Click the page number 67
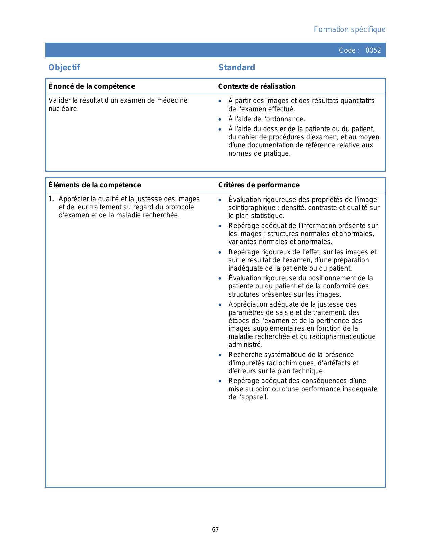coord(215,530)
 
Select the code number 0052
coord(373,50)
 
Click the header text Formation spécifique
coord(350,30)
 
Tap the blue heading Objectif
coord(64,68)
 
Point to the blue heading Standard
coord(237,68)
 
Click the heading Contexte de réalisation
coord(257,86)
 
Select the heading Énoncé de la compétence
coord(92,86)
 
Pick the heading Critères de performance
coord(259,185)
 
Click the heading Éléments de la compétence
coord(95,185)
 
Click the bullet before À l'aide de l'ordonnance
coord(220,119)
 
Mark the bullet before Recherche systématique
coord(220,355)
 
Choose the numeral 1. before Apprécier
coord(51,199)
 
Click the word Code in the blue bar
coord(347,50)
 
